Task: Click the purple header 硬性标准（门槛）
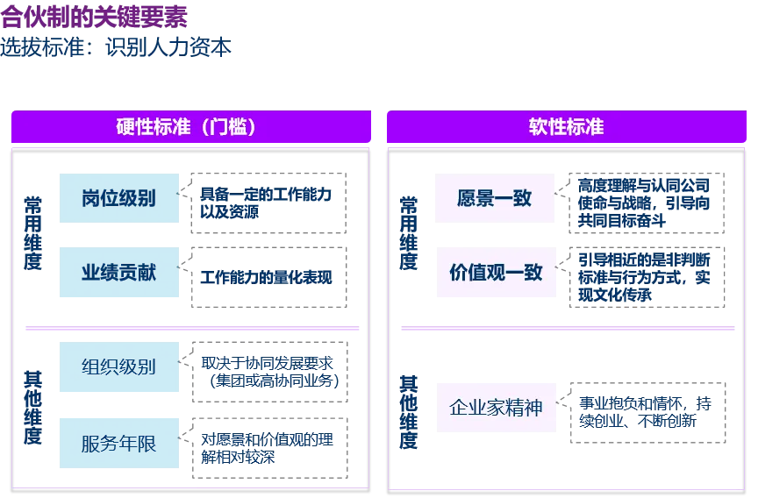click(189, 126)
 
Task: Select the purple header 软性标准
click(566, 126)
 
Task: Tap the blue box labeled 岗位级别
click(118, 197)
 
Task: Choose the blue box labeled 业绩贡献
click(118, 273)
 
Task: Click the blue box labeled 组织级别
click(118, 366)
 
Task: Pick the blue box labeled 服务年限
click(118, 443)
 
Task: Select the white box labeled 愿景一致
click(495, 197)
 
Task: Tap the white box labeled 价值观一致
click(495, 273)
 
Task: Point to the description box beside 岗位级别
click(269, 201)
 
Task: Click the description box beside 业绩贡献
click(269, 276)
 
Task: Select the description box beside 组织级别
click(269, 369)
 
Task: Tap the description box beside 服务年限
click(269, 445)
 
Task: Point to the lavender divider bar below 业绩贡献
click(193, 330)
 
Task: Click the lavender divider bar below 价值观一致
click(568, 330)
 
